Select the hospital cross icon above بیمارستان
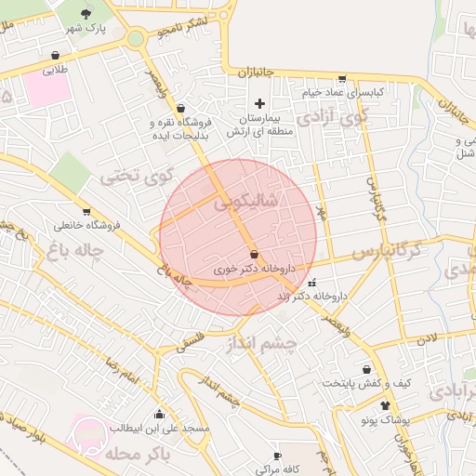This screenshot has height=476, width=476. coord(259,102)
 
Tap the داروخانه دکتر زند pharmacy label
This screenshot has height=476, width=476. coord(311,297)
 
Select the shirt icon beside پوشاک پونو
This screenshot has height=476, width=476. coord(385,406)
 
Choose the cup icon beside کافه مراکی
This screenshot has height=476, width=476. coord(276,456)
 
